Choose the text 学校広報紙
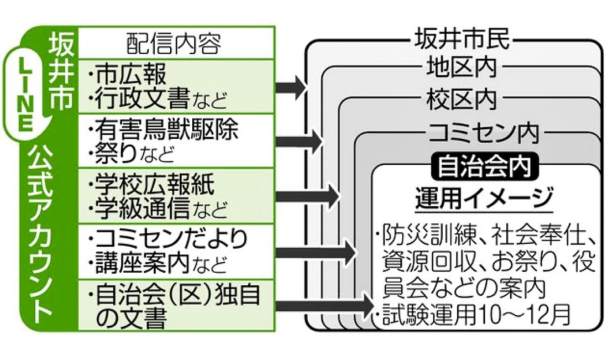coord(154,182)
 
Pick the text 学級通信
coord(141,208)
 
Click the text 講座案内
coord(141,264)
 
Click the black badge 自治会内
coord(484,165)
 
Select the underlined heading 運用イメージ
coord(484,197)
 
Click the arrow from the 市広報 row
coord(291,86)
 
